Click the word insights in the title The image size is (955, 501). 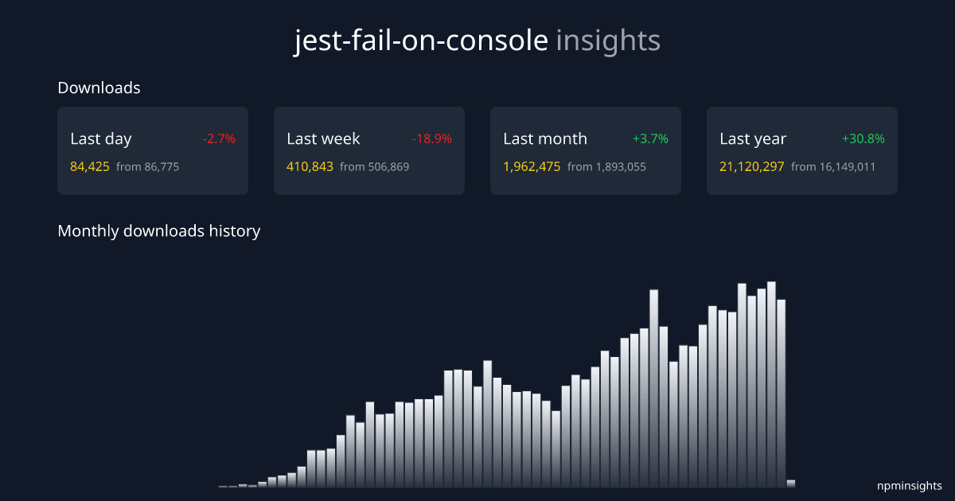coord(608,41)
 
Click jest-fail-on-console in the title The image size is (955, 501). coord(421,41)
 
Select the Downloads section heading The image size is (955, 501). coord(99,87)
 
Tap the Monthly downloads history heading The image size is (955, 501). coord(158,231)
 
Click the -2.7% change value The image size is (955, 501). coord(219,138)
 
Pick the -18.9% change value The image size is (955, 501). coord(431,138)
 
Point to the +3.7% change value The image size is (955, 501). coord(650,138)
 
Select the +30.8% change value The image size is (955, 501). coord(863,138)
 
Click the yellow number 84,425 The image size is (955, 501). coord(90,167)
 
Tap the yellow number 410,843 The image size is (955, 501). coord(310,167)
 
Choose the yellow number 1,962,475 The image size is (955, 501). coord(532,167)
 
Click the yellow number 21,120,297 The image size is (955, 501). coord(751,167)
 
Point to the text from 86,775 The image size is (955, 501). coord(147,167)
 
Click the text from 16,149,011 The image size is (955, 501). coord(833,167)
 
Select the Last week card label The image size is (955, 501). coord(323,138)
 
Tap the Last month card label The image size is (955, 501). coord(545,138)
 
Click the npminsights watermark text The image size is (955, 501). coord(909,485)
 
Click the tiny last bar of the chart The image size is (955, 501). coord(791,483)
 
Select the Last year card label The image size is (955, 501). coord(753,138)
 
